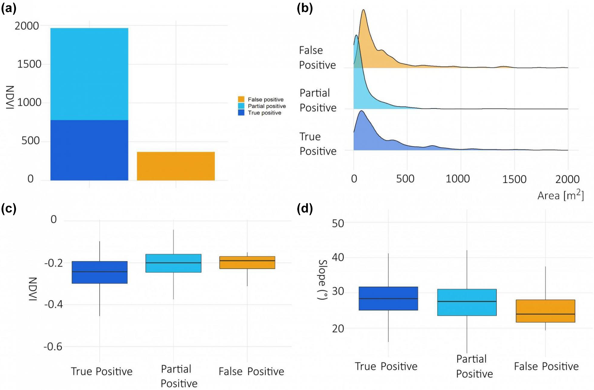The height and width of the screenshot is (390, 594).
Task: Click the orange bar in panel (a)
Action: [x=176, y=166]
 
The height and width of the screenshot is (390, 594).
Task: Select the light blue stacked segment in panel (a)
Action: [x=89, y=74]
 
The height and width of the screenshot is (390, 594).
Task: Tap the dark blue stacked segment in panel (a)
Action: [x=89, y=150]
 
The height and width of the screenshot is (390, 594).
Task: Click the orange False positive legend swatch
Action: [x=241, y=99]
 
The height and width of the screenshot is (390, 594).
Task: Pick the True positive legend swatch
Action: [x=241, y=113]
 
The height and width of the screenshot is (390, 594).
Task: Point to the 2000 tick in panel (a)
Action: [x=27, y=26]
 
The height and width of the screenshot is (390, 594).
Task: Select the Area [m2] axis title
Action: [x=561, y=195]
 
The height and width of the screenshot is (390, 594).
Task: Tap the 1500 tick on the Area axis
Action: [x=514, y=179]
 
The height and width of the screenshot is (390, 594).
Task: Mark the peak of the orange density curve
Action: [x=364, y=10]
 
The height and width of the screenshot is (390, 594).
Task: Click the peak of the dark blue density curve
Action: [x=361, y=111]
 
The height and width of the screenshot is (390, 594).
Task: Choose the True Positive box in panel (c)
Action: [x=100, y=272]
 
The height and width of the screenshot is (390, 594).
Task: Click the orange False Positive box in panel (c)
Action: [x=247, y=263]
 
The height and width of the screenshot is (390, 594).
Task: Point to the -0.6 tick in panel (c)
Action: [x=53, y=347]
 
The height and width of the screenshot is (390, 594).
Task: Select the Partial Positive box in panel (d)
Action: [x=467, y=302]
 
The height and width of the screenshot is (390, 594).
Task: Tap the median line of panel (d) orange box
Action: [x=545, y=314]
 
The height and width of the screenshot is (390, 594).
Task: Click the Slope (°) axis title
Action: [x=323, y=279]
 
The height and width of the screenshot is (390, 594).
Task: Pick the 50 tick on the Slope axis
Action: [x=338, y=223]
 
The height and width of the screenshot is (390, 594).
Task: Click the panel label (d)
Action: [x=305, y=209]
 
